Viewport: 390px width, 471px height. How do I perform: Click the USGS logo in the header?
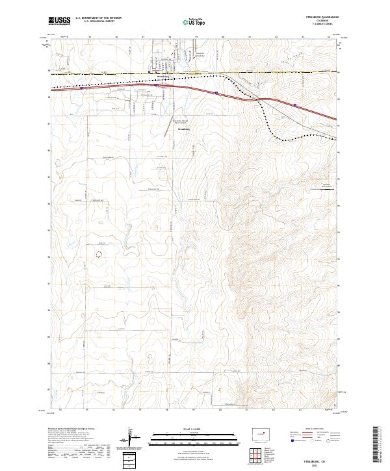[59, 21]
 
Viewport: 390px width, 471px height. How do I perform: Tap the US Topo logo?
[196, 21]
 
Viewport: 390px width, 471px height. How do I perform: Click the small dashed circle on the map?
[99, 255]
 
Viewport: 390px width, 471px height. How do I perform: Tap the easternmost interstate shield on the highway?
[296, 104]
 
